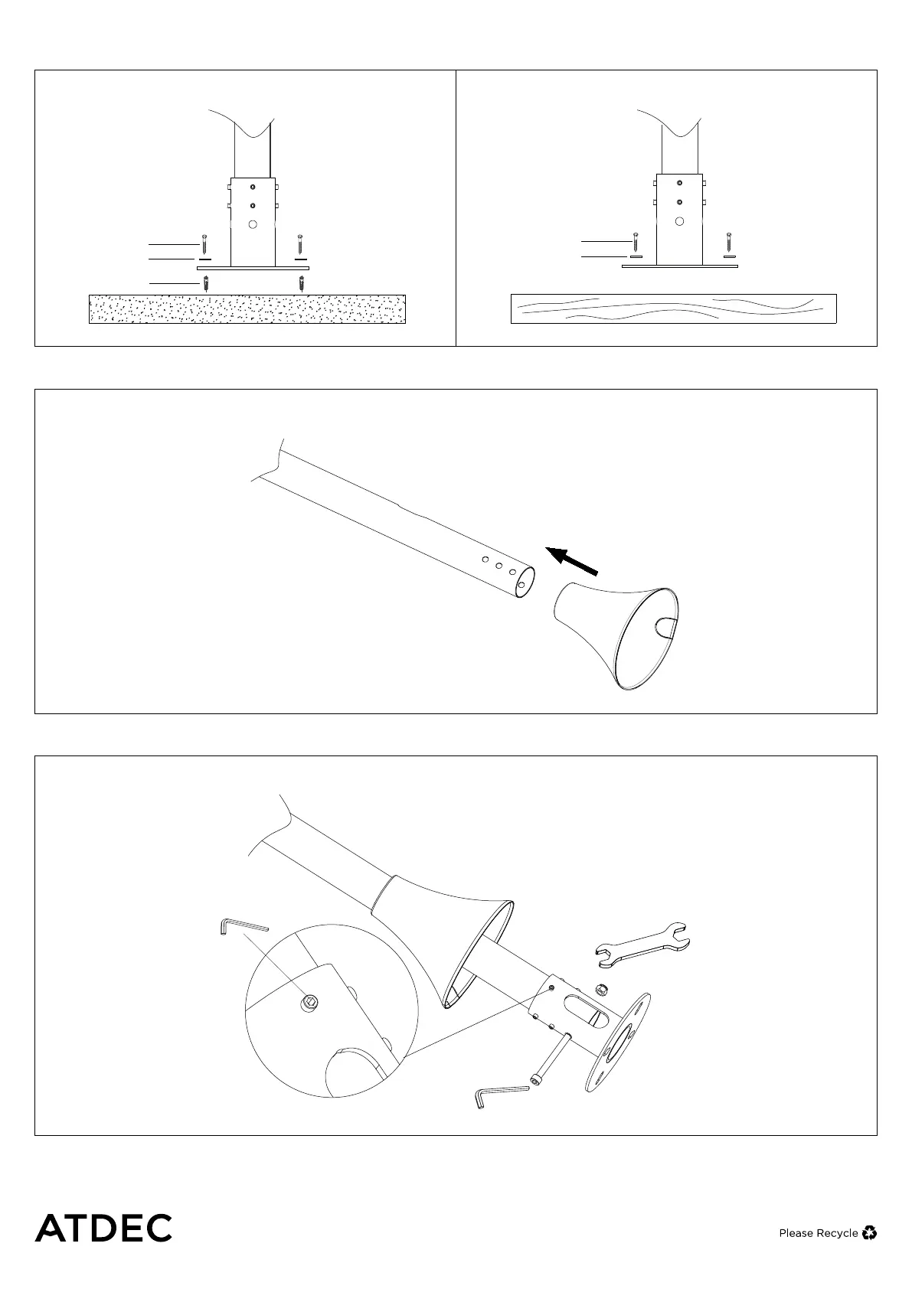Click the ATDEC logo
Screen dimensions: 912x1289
pos(103,1228)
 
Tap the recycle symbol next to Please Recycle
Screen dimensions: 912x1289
pos(869,1232)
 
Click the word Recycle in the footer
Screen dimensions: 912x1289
pos(837,1233)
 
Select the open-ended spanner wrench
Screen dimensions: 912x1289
pos(646,940)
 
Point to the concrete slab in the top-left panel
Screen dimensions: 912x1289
pos(247,308)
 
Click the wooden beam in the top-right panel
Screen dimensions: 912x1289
pos(673,308)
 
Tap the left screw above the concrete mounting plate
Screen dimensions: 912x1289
pos(204,245)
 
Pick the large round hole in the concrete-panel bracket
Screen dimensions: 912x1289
pos(253,224)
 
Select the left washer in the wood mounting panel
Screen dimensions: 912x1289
pos(635,257)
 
